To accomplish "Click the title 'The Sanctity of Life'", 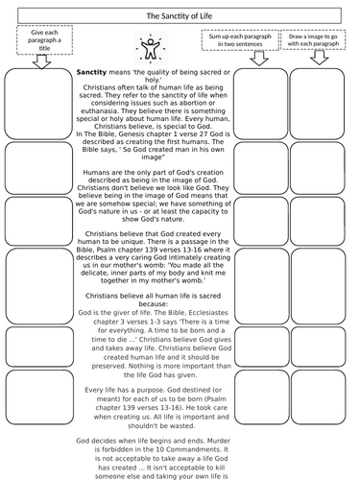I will point(180,16).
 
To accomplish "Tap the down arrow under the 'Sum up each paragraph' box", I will point(256,59).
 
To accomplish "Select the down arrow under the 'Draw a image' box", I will point(317,59).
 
